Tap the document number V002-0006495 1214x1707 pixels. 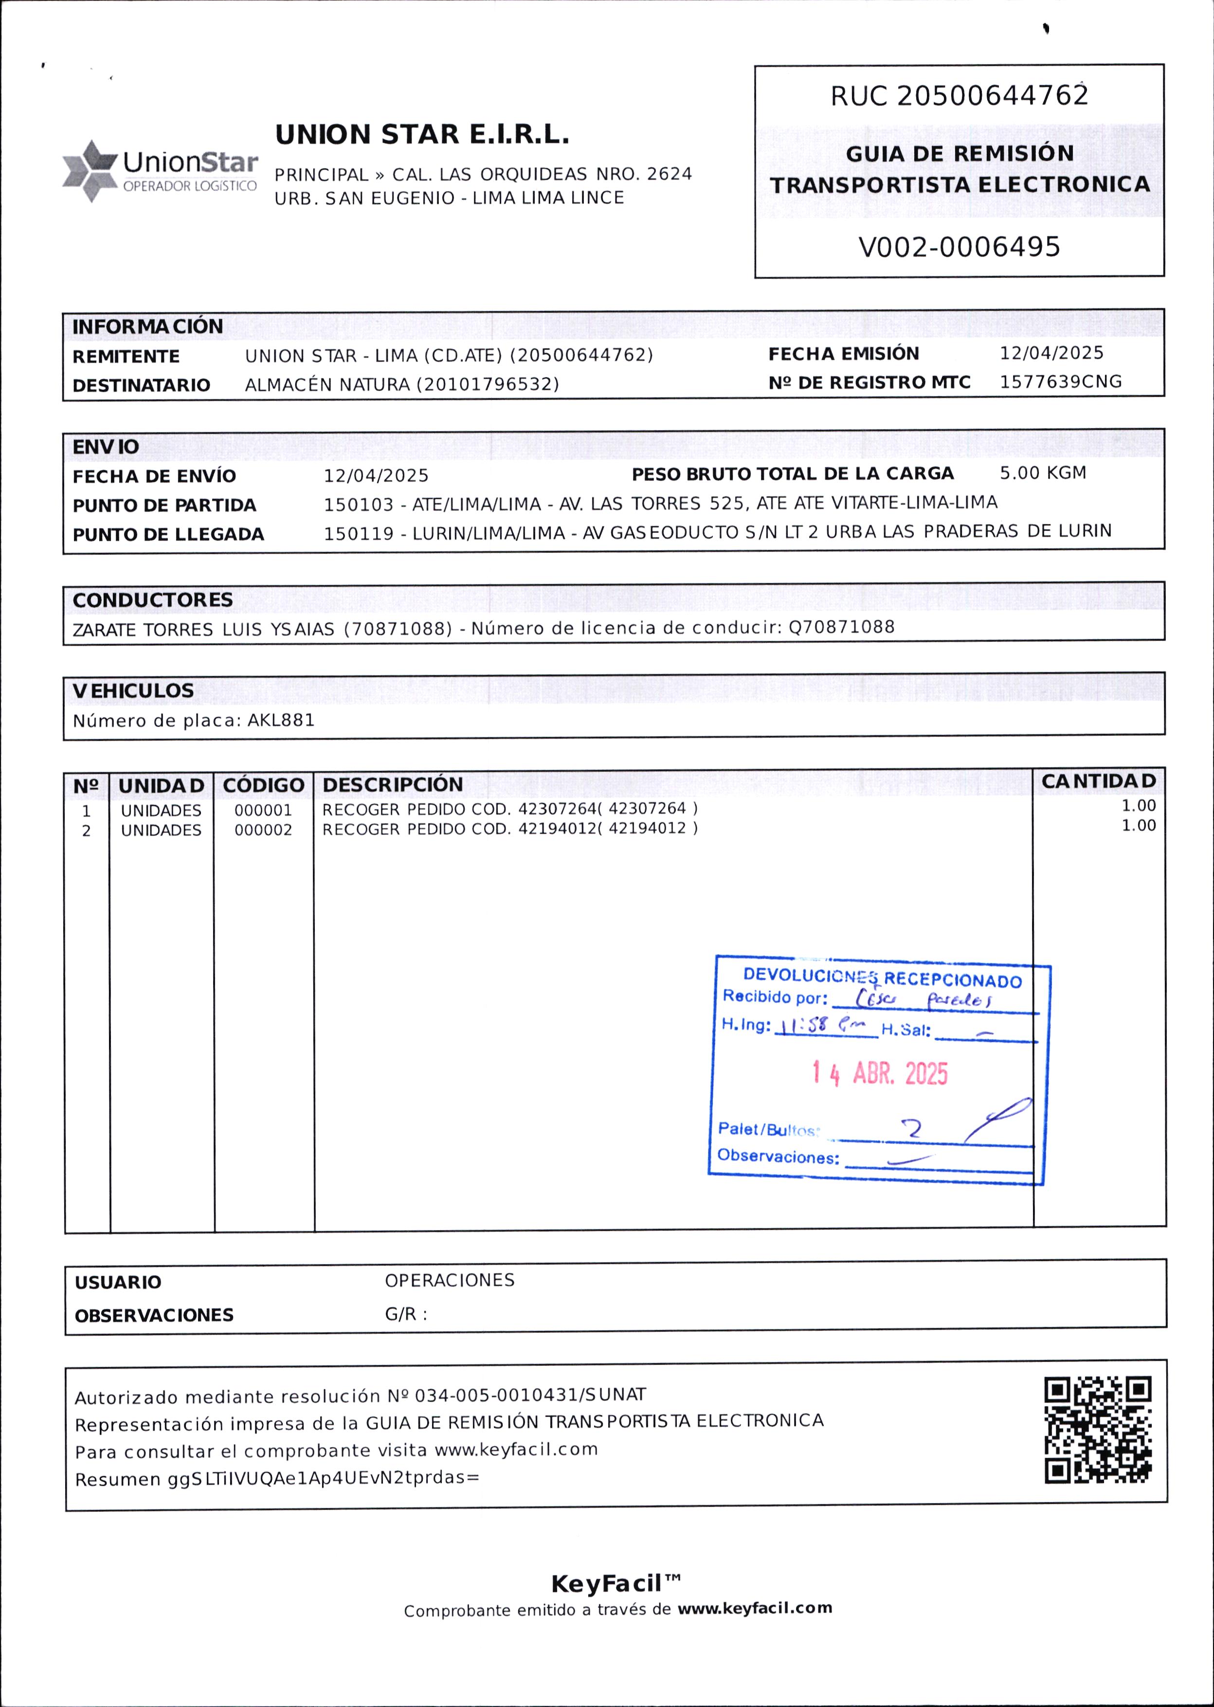coord(959,247)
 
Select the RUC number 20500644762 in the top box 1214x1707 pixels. coord(992,96)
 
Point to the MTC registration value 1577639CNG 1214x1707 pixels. coord(1061,382)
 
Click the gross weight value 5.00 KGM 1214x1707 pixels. coord(1043,473)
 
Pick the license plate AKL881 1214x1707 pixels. coord(281,721)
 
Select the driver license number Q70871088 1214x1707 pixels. coord(842,627)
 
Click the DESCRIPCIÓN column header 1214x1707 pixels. coord(393,785)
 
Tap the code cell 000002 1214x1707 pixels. coord(263,830)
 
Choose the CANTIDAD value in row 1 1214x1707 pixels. coord(1138,806)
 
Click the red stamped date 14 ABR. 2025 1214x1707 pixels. coord(880,1074)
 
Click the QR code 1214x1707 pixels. coord(1097,1430)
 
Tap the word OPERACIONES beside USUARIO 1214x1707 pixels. coord(449,1280)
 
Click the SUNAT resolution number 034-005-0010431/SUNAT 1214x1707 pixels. coord(530,1395)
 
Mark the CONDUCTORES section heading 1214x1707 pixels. coord(152,600)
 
